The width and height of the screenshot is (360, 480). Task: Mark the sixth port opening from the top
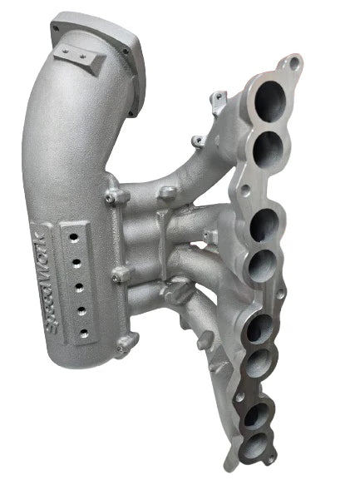(x=260, y=363)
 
